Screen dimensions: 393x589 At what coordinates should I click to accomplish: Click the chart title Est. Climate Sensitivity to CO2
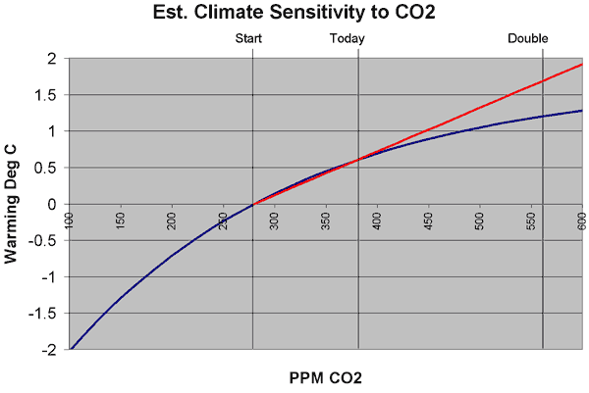tap(294, 14)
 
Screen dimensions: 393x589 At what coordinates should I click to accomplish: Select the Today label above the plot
tap(347, 38)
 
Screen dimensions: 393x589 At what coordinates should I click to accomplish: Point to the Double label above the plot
tap(528, 38)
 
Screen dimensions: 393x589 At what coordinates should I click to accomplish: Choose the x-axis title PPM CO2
tap(325, 377)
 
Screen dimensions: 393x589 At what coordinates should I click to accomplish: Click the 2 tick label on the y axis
tap(51, 59)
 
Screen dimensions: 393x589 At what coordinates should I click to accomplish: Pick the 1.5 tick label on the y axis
tap(45, 95)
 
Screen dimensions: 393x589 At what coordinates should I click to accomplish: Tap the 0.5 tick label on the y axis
tap(45, 168)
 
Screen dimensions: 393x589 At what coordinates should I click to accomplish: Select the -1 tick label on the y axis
tap(48, 276)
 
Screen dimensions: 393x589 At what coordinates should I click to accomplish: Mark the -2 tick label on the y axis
tap(48, 349)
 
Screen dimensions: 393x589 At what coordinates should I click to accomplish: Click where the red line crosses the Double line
tap(542, 82)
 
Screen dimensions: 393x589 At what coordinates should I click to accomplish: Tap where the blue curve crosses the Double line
tap(542, 117)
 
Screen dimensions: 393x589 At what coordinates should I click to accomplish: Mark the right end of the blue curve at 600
tap(582, 111)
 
